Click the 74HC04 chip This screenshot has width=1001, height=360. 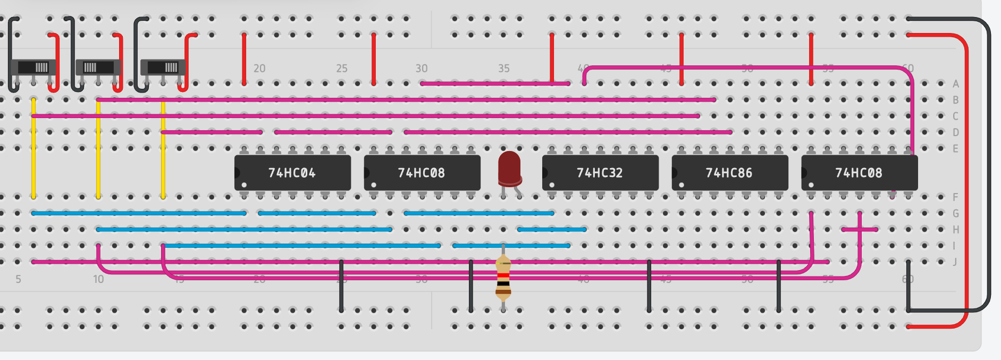[292, 173]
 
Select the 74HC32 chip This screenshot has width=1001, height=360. [600, 173]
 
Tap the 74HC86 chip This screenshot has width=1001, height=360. [729, 173]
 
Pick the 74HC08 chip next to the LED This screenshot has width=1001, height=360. [422, 173]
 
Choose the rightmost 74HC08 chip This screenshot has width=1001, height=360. [859, 173]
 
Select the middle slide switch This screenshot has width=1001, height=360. [98, 68]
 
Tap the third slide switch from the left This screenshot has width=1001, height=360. [163, 68]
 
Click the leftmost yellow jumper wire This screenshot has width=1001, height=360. [33, 149]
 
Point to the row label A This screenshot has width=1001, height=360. [955, 84]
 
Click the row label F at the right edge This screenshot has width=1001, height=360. [955, 197]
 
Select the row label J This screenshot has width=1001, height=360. [955, 262]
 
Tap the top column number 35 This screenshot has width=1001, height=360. [503, 69]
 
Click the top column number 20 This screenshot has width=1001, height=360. [259, 69]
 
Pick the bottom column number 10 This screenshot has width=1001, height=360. [98, 280]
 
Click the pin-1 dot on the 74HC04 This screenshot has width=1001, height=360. [244, 185]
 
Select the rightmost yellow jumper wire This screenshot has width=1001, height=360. [163, 149]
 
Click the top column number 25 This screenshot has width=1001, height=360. [341, 69]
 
